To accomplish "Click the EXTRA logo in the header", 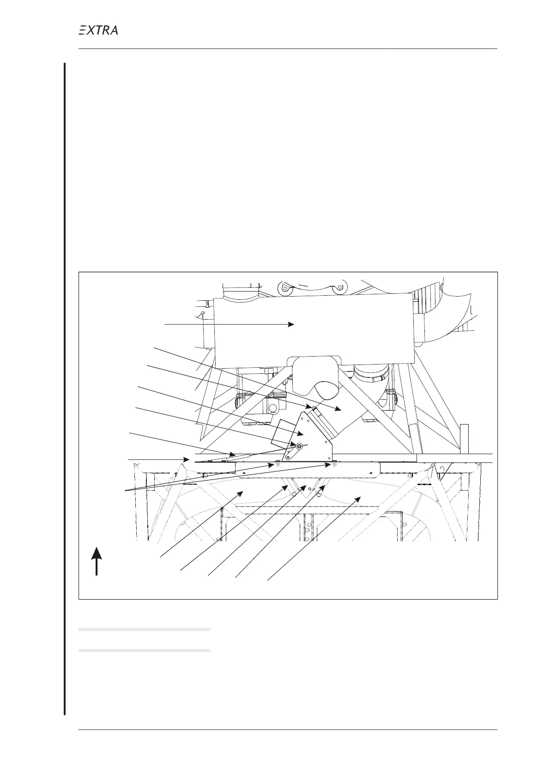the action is (x=98, y=30).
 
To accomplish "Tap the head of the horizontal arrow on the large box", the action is (x=291, y=324).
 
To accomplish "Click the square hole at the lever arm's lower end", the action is (x=287, y=458).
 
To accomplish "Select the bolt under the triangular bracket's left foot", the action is (x=278, y=463).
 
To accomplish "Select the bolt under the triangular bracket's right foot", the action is (x=332, y=463).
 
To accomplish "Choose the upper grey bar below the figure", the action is (x=144, y=629).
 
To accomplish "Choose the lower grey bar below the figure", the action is (x=144, y=650).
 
